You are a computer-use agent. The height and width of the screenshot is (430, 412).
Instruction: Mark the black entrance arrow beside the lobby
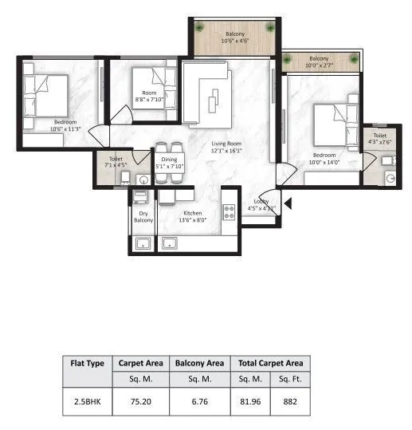(x=288, y=204)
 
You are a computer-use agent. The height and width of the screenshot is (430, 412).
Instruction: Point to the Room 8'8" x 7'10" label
(x=149, y=97)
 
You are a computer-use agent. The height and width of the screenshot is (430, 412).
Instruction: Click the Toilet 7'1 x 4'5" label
(x=116, y=163)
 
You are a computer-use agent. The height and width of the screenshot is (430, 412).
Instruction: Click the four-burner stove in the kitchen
(x=228, y=212)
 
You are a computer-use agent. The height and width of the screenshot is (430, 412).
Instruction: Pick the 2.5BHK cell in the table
(x=84, y=401)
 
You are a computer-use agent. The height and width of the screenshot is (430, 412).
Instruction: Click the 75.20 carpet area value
(x=140, y=401)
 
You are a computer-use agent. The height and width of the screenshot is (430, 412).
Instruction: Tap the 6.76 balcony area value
(x=199, y=401)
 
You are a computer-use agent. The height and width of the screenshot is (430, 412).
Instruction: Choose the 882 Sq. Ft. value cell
(x=289, y=401)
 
